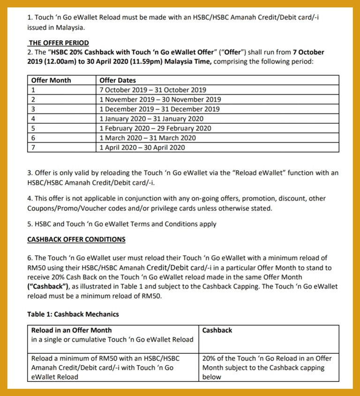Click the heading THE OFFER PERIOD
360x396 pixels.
pos(59,43)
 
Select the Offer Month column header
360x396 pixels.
pos(51,80)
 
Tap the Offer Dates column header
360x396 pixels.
pos(118,80)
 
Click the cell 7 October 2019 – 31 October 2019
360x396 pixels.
pos(153,90)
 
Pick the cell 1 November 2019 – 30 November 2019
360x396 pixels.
pos(160,99)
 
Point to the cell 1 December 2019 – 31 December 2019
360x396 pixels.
pos(159,109)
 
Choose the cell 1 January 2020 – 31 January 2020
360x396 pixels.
pos(151,119)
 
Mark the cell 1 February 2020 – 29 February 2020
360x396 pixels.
pos(155,128)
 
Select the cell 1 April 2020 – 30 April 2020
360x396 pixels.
pos(142,148)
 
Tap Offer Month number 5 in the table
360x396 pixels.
pos(33,128)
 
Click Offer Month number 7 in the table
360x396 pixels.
pos(33,148)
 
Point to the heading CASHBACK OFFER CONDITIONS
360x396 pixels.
pos(76,239)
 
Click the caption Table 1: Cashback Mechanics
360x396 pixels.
pos(73,314)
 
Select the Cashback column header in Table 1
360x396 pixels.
pos(217,330)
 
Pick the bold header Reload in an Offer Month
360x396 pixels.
pos(71,330)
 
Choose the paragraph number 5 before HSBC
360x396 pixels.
pos(30,224)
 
